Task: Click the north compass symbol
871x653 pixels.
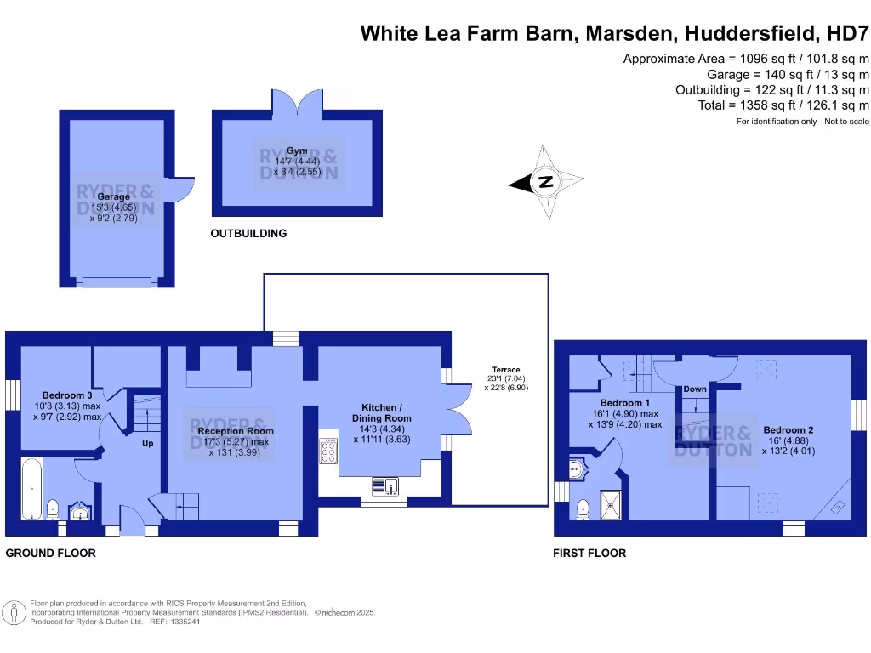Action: [545, 182]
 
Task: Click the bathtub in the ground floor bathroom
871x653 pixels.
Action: [29, 489]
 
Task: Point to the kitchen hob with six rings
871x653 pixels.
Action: [328, 451]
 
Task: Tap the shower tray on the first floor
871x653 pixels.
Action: [612, 504]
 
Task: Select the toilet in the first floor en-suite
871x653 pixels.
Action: [584, 508]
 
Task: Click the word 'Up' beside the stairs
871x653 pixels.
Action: [147, 442]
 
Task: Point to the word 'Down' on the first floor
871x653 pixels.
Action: [694, 389]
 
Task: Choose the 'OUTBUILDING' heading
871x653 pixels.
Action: [248, 233]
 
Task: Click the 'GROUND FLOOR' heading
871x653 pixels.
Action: [51, 553]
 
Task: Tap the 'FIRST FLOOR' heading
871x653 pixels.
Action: [589, 553]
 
